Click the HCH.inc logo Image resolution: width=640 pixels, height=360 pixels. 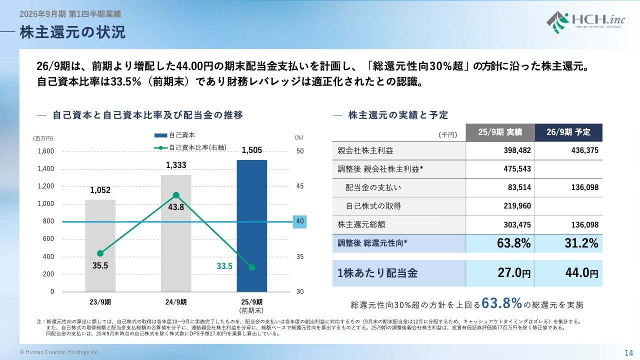(583, 22)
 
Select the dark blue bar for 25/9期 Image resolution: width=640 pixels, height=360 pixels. (251, 225)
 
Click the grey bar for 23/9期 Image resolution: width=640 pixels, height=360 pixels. (100, 245)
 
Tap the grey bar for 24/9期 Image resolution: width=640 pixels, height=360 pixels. (176, 233)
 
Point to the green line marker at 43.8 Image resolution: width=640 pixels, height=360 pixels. (176, 195)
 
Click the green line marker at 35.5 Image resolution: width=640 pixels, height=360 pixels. (100, 253)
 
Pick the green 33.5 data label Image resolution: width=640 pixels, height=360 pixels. (224, 266)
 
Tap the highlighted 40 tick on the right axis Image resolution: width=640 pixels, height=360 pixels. (299, 221)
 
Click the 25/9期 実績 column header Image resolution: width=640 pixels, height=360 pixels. (500, 132)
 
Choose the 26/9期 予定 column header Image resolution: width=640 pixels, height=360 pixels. (568, 132)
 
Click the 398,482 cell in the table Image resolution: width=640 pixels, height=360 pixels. (517, 150)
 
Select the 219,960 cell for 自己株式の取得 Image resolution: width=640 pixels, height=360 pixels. (517, 206)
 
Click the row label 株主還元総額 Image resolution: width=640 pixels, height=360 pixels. (361, 224)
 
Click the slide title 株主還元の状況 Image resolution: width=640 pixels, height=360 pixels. (73, 32)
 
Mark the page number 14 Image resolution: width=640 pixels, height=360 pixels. (628, 352)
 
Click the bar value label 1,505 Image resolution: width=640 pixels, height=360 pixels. (251, 149)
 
